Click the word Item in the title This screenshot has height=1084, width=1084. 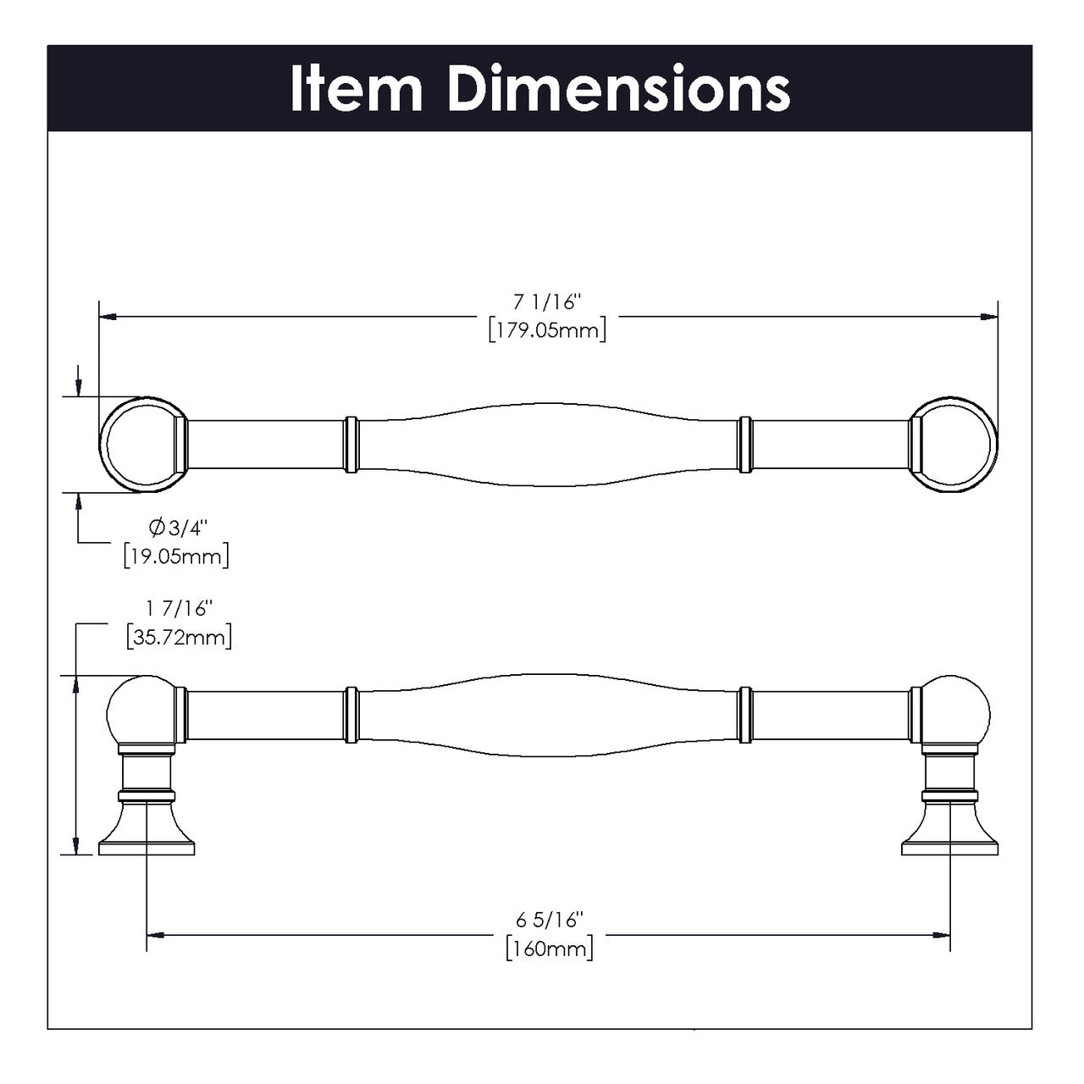pyautogui.click(x=355, y=89)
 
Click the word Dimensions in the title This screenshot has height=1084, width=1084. pyautogui.click(x=617, y=89)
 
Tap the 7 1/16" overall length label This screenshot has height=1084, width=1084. pyautogui.click(x=547, y=301)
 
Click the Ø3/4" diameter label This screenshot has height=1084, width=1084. pyautogui.click(x=178, y=528)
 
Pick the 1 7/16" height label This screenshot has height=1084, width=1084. pyautogui.click(x=178, y=608)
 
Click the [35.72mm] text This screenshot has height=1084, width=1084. pyautogui.click(x=178, y=636)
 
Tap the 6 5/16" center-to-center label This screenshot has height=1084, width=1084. pyautogui.click(x=550, y=920)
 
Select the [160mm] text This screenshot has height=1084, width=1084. pyautogui.click(x=550, y=948)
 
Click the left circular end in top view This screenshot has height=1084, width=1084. pyautogui.click(x=141, y=445)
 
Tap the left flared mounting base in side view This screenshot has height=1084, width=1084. pyautogui.click(x=147, y=830)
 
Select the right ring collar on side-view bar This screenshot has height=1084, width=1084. pyautogui.click(x=746, y=716)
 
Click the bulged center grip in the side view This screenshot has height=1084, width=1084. pyautogui.click(x=549, y=716)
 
